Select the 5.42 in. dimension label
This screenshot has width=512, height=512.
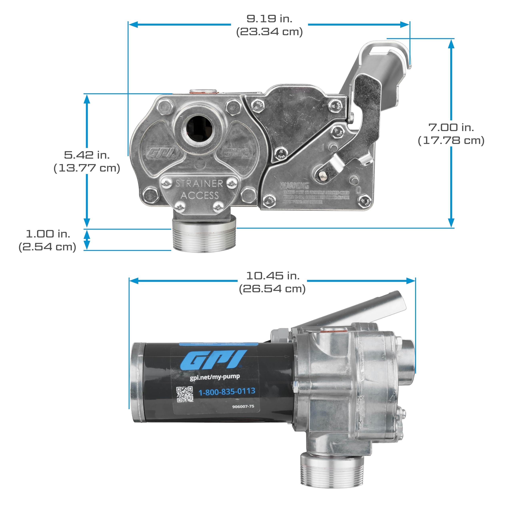pos(87,155)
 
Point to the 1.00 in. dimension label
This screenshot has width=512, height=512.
pos(48,234)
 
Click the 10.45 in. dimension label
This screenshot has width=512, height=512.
pos(273,276)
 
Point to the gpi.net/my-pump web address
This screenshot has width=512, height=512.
pos(215,377)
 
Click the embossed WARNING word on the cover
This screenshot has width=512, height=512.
pos(294,185)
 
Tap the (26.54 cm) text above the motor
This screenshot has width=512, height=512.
pos(272,289)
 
